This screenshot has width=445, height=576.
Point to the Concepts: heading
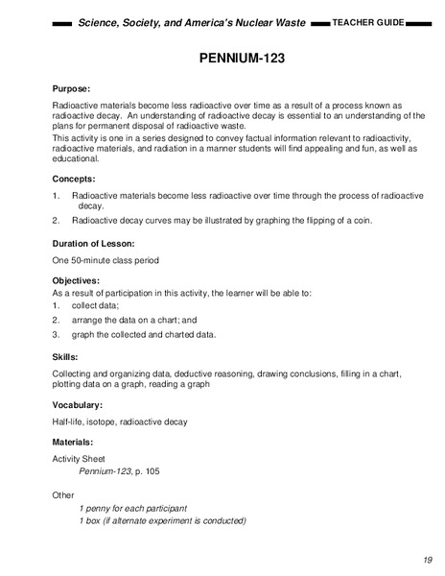pyautogui.click(x=76, y=178)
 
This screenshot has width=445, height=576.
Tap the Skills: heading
pyautogui.click(x=65, y=356)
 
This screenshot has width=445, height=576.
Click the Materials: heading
pyautogui.click(x=79, y=442)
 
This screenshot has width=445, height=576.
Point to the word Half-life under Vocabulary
pyautogui.click(x=68, y=421)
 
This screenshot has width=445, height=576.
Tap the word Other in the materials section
pyautogui.click(x=63, y=494)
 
